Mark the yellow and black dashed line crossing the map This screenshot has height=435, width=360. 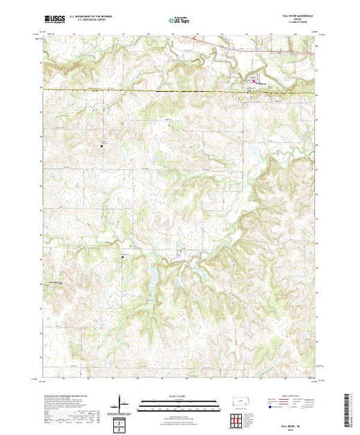point(138,90)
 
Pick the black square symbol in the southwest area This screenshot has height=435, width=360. point(122,258)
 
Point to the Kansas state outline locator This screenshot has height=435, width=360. point(239,401)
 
